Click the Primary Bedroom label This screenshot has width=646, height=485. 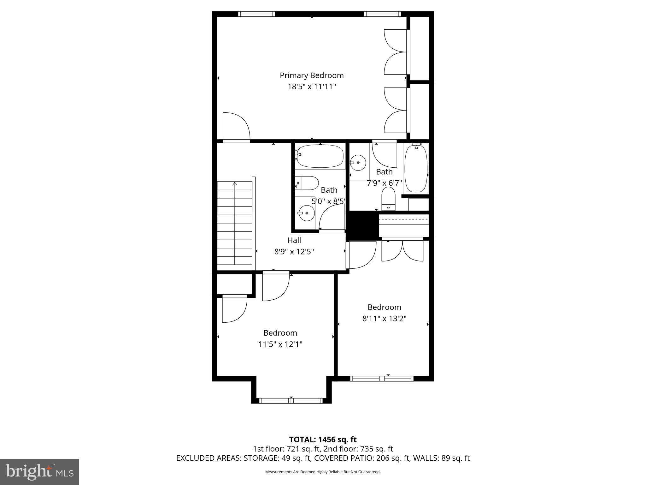coord(312,75)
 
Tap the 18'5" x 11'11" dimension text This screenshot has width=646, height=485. coord(312,87)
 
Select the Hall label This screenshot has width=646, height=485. coord(294,240)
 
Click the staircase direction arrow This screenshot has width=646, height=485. coord(235,184)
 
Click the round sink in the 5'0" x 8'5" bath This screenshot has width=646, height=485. coord(306,213)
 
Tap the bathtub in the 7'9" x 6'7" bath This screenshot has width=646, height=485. coord(416,168)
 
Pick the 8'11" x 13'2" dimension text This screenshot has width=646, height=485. coord(384,318)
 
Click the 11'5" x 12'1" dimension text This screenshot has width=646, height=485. coord(280,344)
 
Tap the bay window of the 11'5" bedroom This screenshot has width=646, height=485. coord(291,400)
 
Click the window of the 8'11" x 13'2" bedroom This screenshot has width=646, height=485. coord(382,378)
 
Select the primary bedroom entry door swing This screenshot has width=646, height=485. coord(236,126)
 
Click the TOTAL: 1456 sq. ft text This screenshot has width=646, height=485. coord(323,439)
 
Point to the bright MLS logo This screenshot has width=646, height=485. coord(39,472)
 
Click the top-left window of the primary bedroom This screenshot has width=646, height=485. coord(256,14)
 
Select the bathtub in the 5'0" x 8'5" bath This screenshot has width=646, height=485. coord(320,156)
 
